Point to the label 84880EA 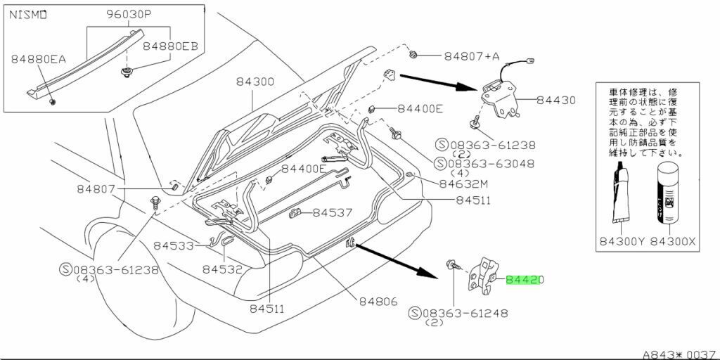click(38, 60)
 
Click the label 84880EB click(171, 46)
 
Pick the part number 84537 click(333, 212)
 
